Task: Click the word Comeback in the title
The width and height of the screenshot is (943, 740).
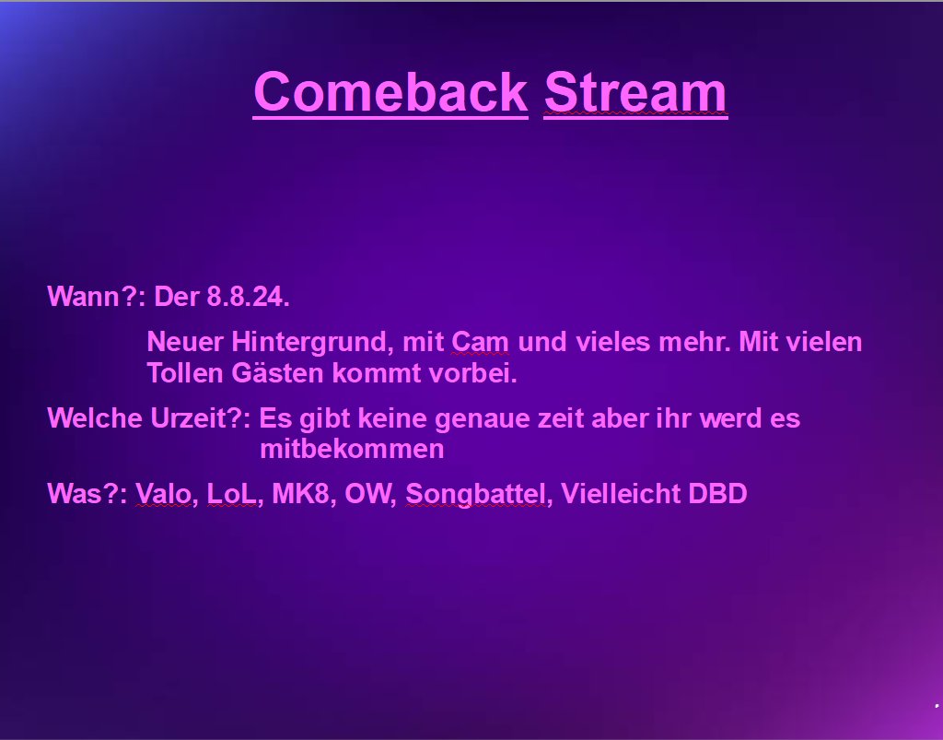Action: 390,92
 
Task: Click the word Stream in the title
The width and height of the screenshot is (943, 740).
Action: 635,92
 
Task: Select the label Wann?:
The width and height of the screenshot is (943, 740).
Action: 97,298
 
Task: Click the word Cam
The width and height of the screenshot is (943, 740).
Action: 480,343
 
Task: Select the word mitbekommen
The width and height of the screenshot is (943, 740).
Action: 352,450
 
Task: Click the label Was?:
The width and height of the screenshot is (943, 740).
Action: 87,494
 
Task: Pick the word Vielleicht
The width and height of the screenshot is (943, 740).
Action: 621,494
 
